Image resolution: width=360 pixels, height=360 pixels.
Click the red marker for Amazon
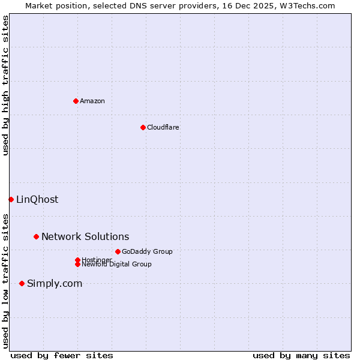click(76, 101)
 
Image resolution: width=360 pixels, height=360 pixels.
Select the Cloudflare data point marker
click(143, 127)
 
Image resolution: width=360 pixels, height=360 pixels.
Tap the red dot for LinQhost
click(11, 199)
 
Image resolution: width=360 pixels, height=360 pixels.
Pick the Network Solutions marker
click(36, 237)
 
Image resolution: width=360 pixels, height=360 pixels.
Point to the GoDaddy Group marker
click(118, 251)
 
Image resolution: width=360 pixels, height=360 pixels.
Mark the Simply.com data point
click(22, 283)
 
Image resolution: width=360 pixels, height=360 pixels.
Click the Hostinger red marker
click(77, 260)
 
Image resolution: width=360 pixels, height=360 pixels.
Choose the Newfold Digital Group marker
click(77, 265)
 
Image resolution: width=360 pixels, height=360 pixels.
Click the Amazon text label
click(92, 101)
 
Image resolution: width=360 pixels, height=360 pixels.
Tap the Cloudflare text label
click(163, 127)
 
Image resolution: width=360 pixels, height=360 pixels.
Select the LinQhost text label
click(37, 199)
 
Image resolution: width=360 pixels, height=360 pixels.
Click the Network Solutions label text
click(85, 237)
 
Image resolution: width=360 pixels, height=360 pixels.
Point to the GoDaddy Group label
click(147, 251)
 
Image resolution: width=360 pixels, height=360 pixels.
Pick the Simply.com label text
click(55, 283)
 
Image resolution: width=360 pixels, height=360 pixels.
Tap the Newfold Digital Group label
click(117, 265)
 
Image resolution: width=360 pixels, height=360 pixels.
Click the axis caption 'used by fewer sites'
click(62, 355)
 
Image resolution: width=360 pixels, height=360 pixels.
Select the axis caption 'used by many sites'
click(301, 355)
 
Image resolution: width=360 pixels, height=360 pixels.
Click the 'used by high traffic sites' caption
click(5, 85)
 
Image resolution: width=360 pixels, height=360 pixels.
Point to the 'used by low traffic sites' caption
click(5, 280)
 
